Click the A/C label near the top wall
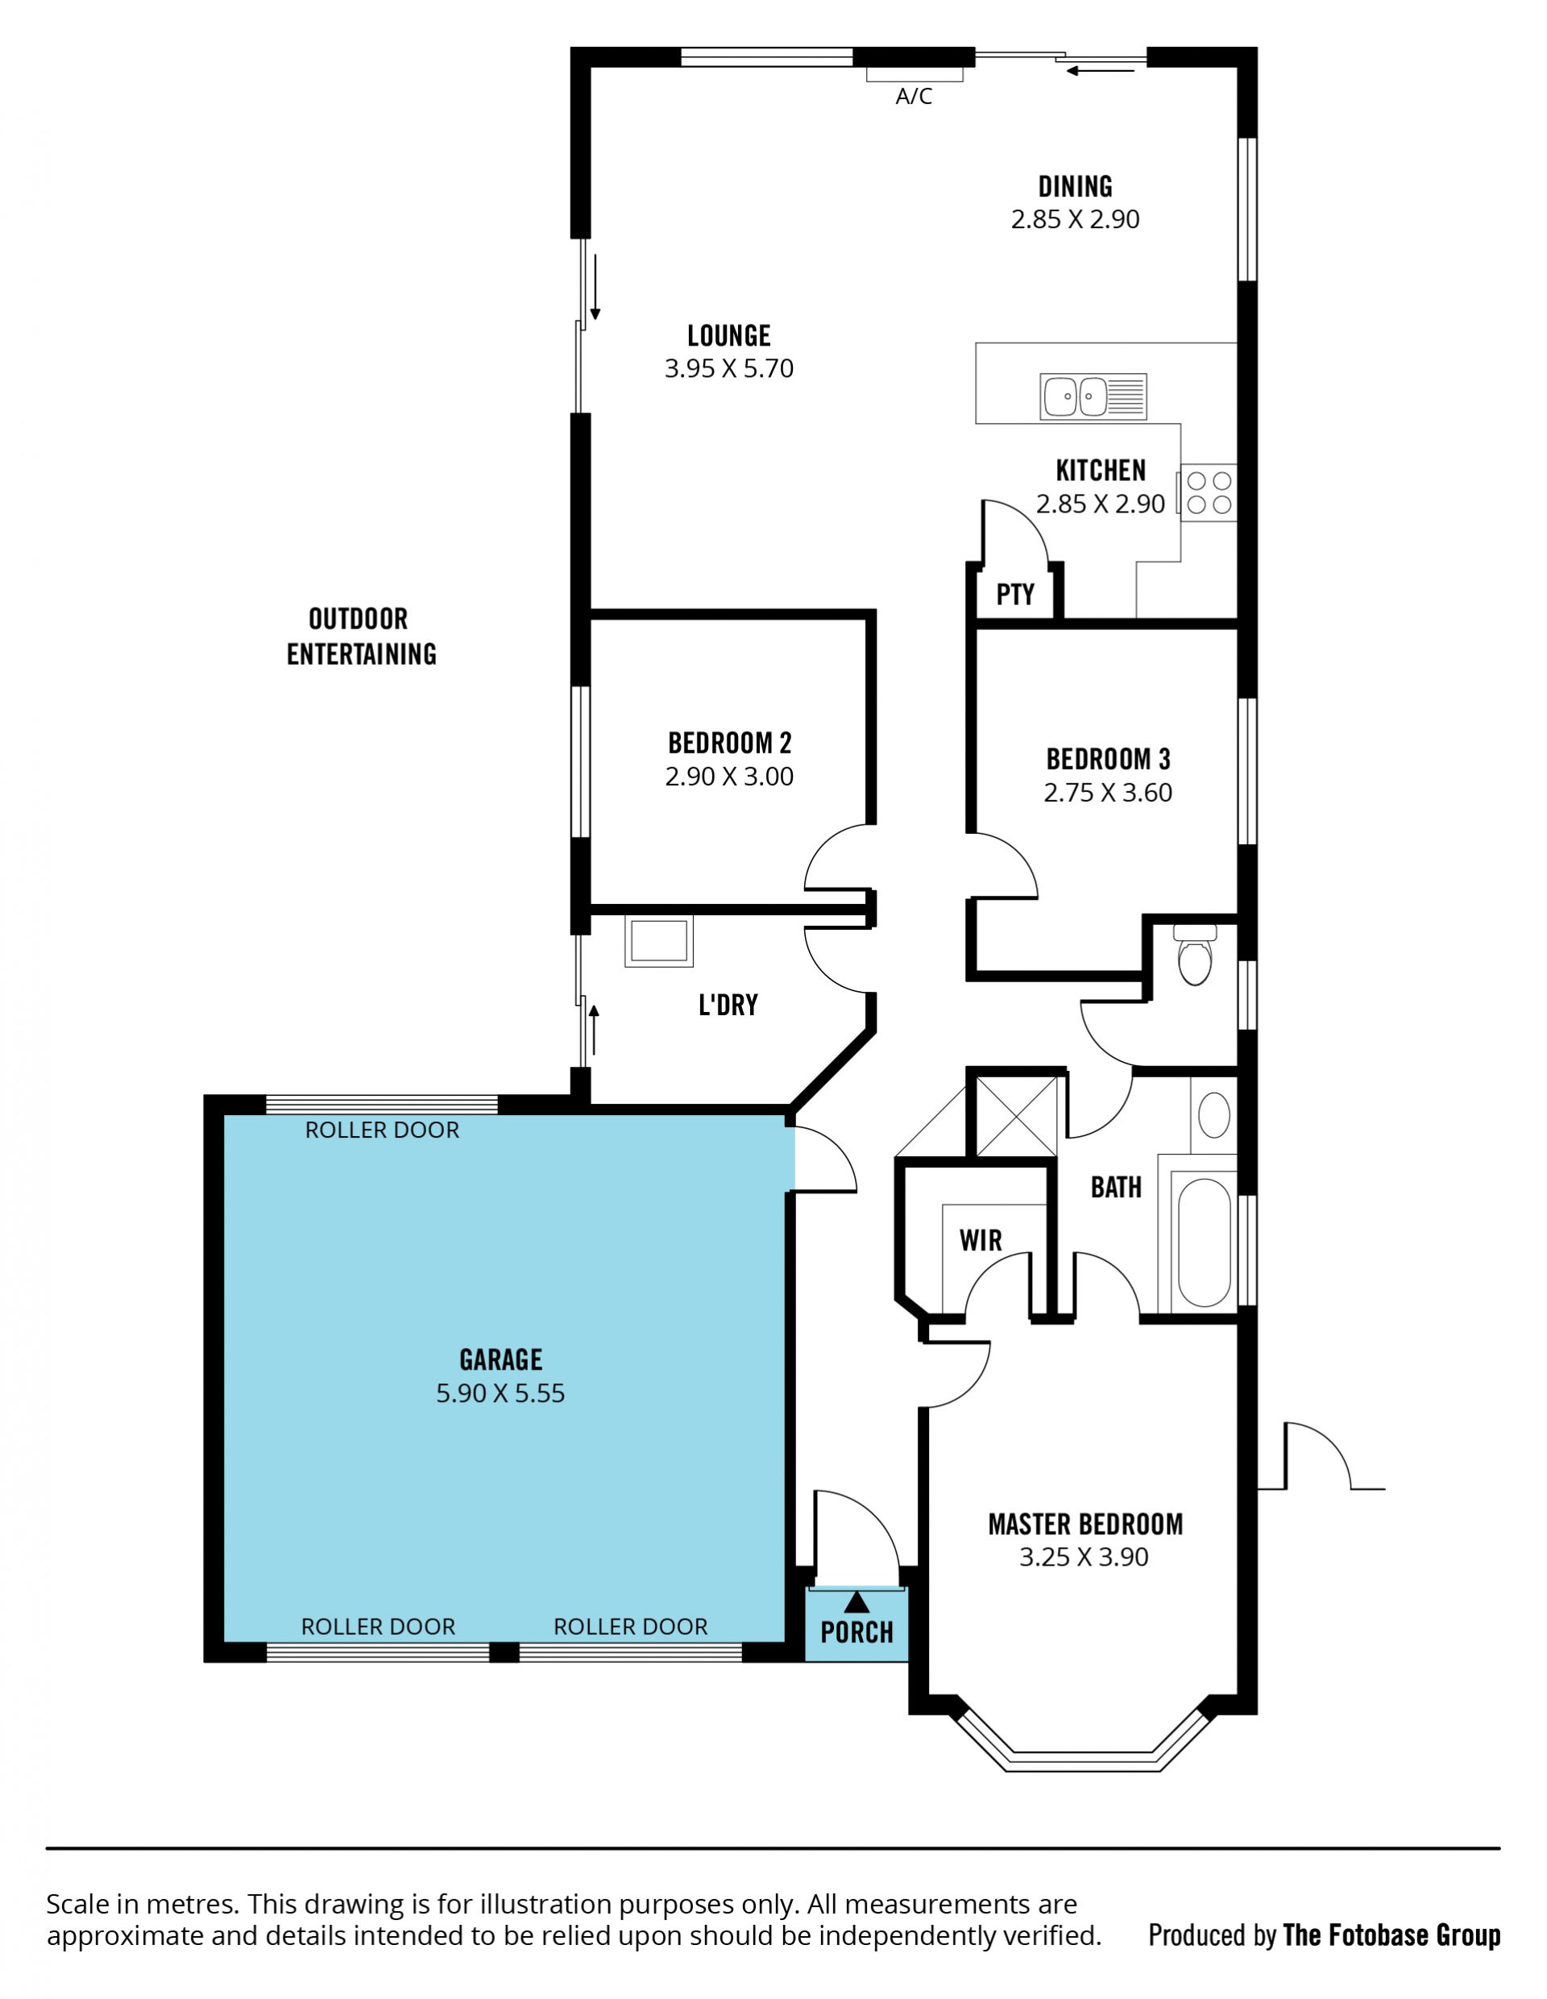914,96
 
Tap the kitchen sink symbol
1093,397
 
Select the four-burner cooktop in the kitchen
1208,493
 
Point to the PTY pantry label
1015,595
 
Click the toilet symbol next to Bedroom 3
1195,955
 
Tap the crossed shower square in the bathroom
1016,1117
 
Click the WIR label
981,1240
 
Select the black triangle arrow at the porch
856,1601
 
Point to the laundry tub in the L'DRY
659,941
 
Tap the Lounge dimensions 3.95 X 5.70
728,369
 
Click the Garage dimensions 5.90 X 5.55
500,1393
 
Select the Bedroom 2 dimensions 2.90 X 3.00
729,776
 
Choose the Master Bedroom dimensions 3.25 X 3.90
1084,1557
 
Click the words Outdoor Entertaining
361,637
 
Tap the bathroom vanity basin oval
1213,1115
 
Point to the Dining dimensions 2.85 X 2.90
1076,220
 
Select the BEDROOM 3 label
1109,759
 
